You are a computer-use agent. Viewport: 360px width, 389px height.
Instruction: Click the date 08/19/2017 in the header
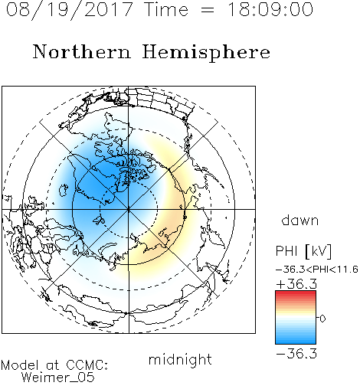[69, 10]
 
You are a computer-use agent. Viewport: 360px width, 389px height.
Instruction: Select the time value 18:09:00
[270, 9]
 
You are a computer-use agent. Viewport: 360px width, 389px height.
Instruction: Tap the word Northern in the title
[82, 51]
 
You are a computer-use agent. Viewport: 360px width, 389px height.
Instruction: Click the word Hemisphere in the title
[206, 52]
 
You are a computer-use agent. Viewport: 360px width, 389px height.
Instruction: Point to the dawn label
[300, 220]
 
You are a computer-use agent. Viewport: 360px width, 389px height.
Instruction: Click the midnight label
[180, 359]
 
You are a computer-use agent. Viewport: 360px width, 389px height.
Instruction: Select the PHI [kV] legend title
[303, 251]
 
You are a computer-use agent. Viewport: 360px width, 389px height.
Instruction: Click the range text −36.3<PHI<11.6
[317, 270]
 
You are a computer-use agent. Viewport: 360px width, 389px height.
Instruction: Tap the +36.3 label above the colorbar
[296, 284]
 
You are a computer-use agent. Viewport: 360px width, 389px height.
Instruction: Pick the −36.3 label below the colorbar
[296, 354]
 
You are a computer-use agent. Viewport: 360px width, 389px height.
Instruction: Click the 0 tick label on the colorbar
[322, 319]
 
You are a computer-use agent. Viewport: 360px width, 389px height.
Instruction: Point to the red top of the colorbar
[296, 294]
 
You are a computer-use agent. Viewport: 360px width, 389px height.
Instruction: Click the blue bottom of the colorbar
[296, 340]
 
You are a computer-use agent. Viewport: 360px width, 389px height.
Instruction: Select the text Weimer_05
[58, 378]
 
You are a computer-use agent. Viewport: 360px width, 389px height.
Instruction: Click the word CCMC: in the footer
[87, 365]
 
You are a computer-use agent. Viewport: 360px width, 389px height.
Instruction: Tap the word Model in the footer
[20, 365]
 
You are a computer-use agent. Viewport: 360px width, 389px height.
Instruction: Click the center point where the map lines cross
[129, 209]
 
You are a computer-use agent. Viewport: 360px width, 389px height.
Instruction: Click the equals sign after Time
[207, 10]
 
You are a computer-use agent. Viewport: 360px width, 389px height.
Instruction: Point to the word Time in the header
[166, 9]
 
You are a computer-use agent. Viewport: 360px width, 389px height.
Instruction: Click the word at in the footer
[53, 365]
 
